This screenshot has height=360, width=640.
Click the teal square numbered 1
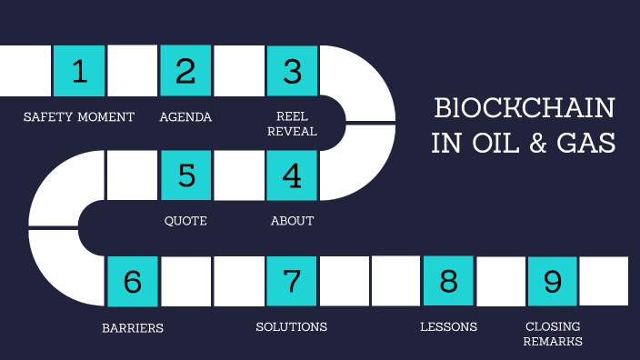[x=79, y=71]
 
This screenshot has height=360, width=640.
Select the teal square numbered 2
[x=185, y=71]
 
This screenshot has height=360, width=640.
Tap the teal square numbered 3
[x=292, y=71]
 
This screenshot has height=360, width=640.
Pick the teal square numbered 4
[x=292, y=175]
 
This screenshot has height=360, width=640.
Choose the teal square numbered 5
[x=186, y=175]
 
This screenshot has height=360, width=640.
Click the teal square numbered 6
[x=133, y=281]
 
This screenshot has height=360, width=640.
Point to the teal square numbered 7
[x=292, y=281]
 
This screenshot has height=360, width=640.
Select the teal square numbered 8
[x=448, y=281]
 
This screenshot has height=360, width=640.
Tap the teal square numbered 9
[x=553, y=281]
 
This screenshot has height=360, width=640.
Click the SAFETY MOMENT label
[x=79, y=117]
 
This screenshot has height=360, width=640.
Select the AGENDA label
[x=185, y=117]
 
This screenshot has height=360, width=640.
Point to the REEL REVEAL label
[x=297, y=125]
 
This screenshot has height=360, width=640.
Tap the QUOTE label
[x=185, y=221]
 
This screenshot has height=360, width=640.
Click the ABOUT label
[x=292, y=221]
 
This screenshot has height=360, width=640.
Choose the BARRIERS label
[x=133, y=328]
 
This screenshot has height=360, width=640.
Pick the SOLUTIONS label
[x=291, y=326]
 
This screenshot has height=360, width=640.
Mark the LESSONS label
[x=448, y=326]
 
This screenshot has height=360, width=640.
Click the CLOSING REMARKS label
[x=553, y=334]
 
